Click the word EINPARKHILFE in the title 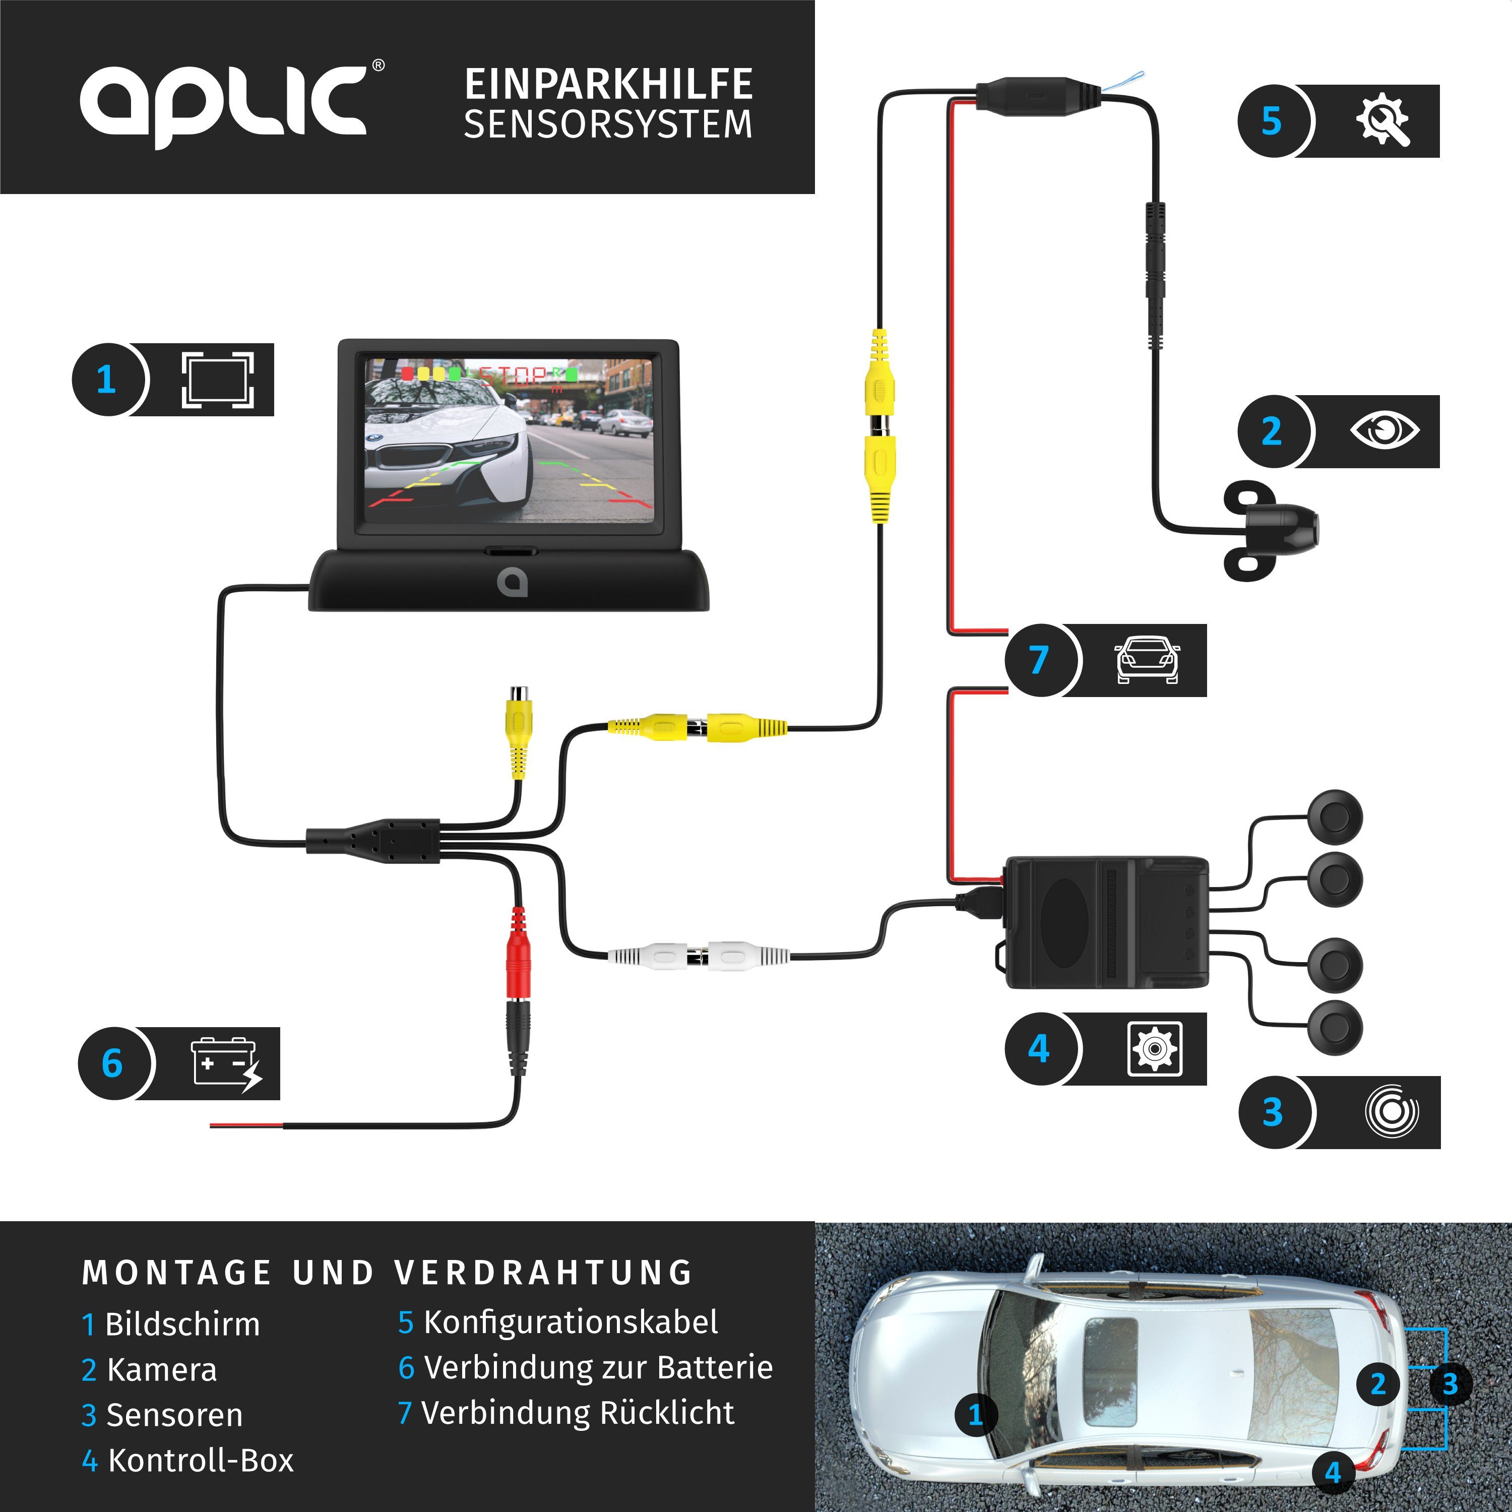(x=608, y=85)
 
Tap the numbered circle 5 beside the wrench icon (x=1271, y=121)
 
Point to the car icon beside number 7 (x=1147, y=660)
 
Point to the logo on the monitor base (x=512, y=582)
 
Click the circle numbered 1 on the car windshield (x=975, y=1414)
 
